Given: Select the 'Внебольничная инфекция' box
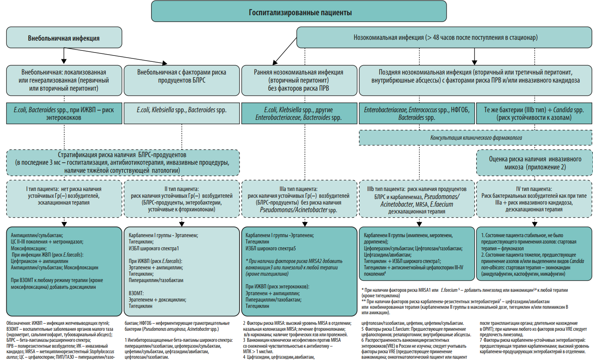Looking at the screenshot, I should click(64, 38).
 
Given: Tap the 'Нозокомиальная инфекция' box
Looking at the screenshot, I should click(444, 37).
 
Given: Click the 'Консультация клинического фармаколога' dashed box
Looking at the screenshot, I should click(475, 138).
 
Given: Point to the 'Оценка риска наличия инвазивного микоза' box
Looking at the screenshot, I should click(535, 163).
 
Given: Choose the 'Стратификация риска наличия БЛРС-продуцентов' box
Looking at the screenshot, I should click(123, 163).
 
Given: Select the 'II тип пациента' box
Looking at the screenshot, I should click(182, 199).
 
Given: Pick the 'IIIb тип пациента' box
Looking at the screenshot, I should click(416, 199).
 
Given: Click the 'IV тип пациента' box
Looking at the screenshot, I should click(534, 199).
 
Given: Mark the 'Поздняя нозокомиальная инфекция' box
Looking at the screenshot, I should click(475, 80).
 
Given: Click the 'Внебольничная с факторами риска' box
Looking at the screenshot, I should click(182, 80).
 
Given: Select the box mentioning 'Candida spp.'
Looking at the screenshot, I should click(534, 113).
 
